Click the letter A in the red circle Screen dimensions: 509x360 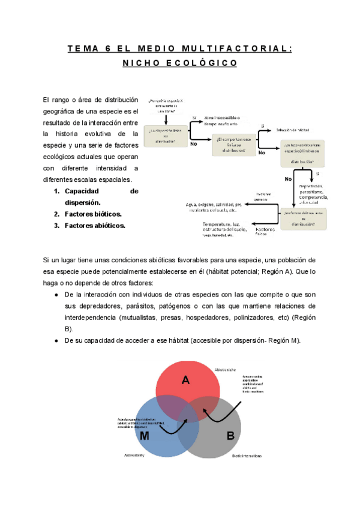click(186, 379)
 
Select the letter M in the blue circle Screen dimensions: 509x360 click(144, 436)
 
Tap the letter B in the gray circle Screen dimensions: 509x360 click(230, 436)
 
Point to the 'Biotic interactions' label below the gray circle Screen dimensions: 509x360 click(247, 456)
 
